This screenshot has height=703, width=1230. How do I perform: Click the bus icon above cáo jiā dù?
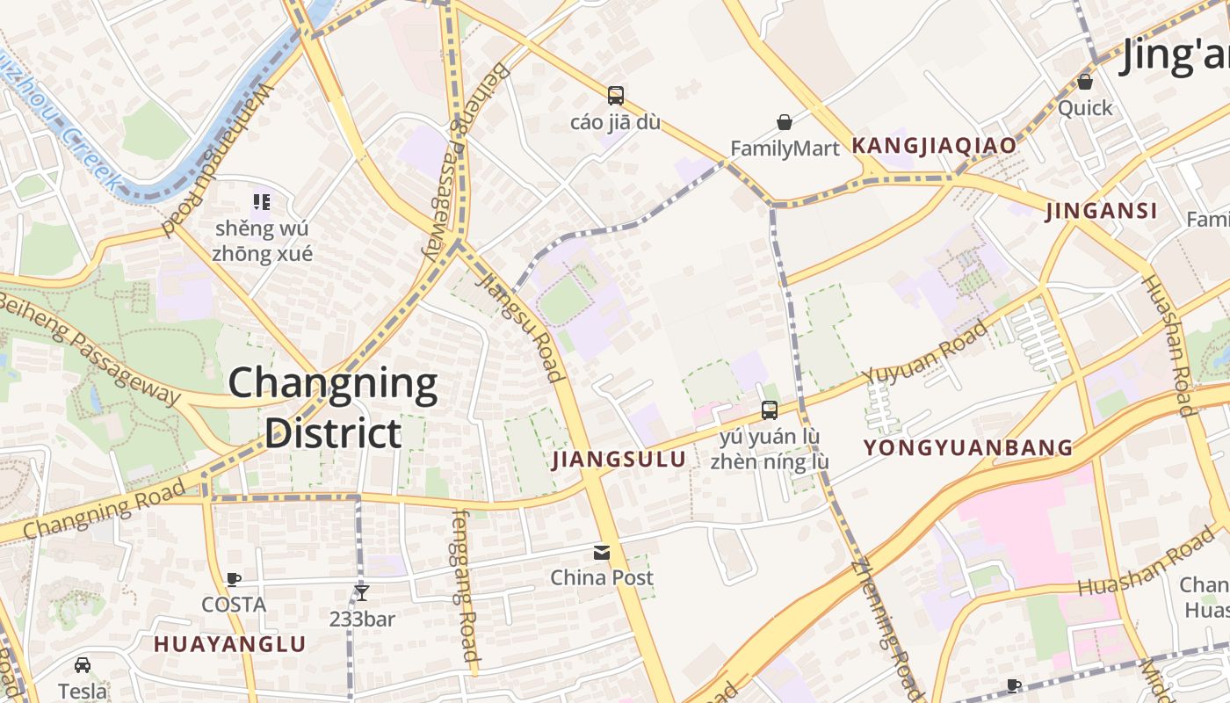coord(615,95)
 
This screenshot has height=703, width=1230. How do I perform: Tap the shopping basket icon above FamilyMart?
coord(784,122)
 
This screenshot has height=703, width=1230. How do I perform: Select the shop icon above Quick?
coord(1085,82)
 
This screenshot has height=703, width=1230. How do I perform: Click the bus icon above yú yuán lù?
coord(769,409)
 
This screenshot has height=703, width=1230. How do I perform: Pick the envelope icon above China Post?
coord(602,552)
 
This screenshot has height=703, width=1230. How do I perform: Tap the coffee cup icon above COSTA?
coord(233,579)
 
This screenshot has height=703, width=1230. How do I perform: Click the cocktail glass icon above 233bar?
coord(361,593)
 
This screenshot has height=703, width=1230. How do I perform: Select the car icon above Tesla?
coord(83,665)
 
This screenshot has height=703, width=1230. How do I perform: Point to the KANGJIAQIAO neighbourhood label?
coord(934,146)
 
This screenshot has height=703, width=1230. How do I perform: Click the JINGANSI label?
coord(1102,211)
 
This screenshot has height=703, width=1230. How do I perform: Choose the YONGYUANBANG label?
coord(968,448)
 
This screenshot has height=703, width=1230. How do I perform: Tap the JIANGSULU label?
coord(619,460)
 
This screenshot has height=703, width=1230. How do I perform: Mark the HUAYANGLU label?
coord(230,644)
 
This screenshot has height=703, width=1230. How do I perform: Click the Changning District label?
coord(333,409)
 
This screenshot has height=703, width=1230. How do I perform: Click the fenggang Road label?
coord(466,585)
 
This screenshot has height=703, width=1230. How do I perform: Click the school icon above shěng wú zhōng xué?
coord(261,202)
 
